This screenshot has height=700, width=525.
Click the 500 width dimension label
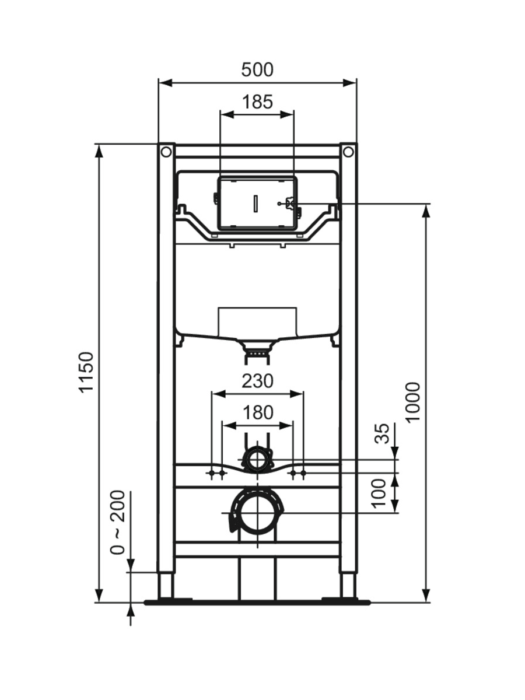(x=257, y=70)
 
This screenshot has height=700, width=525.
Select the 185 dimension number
(x=258, y=102)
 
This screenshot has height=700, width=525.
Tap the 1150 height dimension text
(x=87, y=372)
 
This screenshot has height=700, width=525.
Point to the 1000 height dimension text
(x=414, y=402)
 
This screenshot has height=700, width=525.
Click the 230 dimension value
(x=258, y=381)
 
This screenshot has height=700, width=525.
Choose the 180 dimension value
(x=258, y=412)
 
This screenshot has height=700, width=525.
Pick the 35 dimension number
(x=382, y=433)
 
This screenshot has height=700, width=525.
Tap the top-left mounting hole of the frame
(x=166, y=152)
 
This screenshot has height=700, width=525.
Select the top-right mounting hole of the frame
(x=349, y=152)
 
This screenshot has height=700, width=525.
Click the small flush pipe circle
(x=257, y=460)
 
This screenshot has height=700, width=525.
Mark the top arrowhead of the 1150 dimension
(x=99, y=152)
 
